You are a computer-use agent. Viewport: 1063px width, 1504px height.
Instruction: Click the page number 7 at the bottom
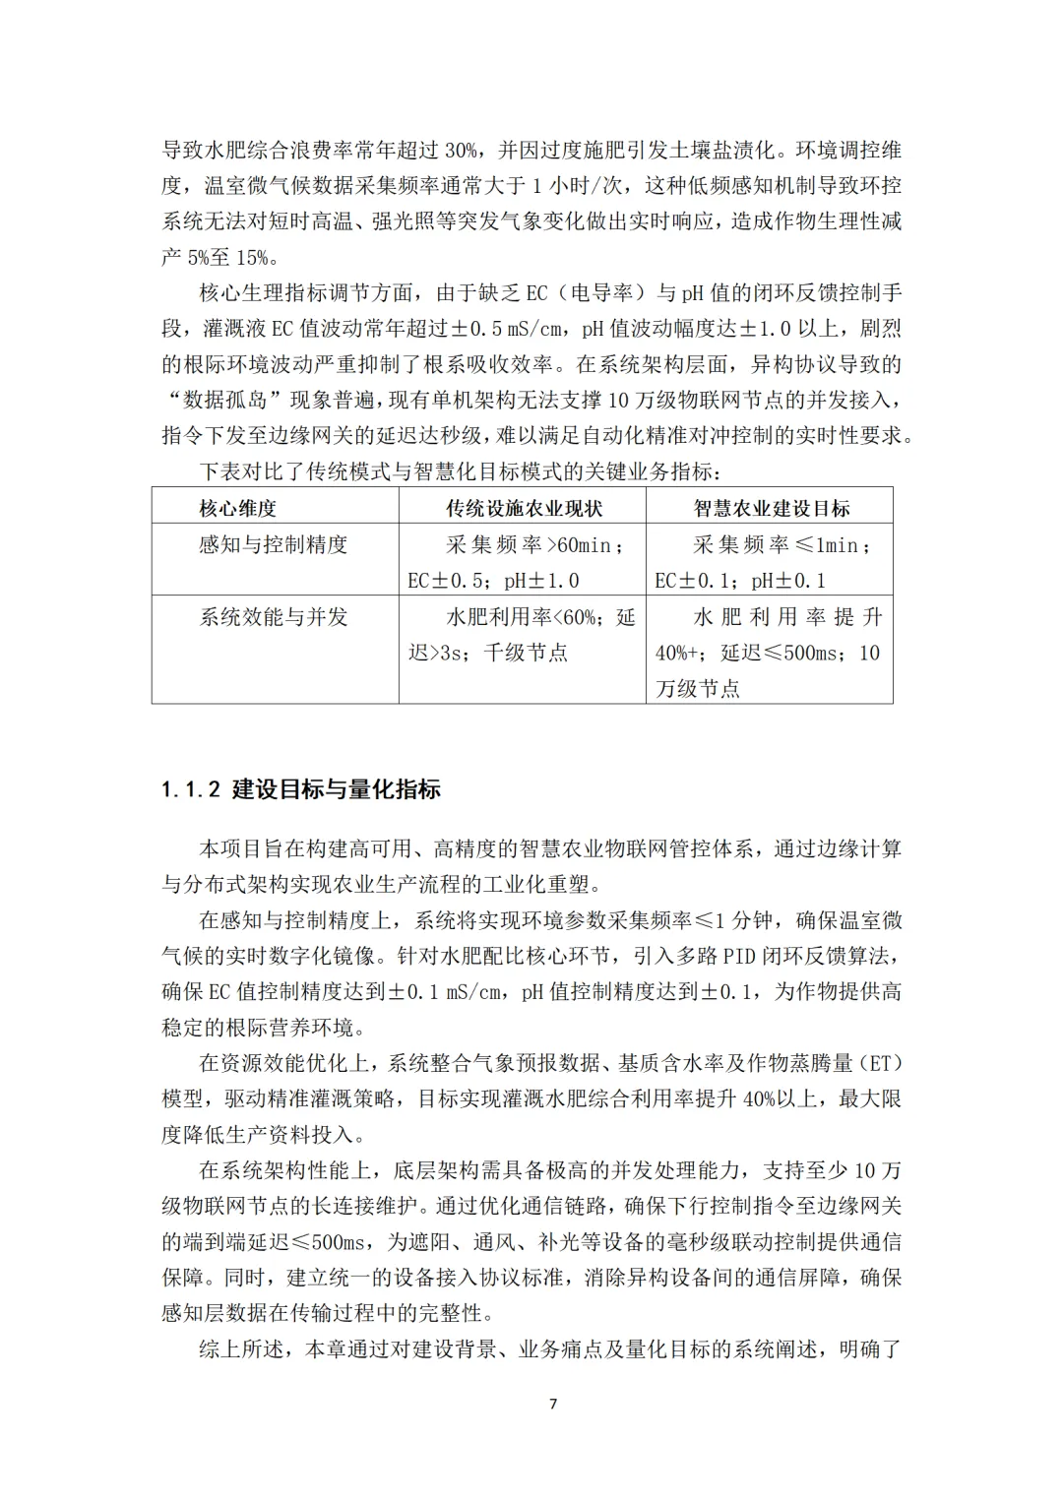(x=552, y=1404)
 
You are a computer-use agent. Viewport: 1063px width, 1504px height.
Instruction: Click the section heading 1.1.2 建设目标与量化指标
(x=301, y=789)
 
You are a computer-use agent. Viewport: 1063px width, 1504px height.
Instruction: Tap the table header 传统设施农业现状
(x=523, y=509)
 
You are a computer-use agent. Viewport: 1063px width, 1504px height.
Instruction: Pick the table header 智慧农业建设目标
(x=771, y=509)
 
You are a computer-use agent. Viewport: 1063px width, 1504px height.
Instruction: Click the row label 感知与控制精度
(x=274, y=544)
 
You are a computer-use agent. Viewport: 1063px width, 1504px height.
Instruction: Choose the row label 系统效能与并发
(x=274, y=617)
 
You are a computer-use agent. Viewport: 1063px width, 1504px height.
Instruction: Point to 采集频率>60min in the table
(x=531, y=544)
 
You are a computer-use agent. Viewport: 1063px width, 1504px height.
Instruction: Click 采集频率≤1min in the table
(x=780, y=544)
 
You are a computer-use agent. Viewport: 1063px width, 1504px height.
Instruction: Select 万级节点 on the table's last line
(x=698, y=688)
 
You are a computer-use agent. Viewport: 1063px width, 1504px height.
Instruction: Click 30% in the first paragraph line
(x=462, y=151)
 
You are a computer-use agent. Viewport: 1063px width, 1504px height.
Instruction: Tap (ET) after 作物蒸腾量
(x=882, y=1063)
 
